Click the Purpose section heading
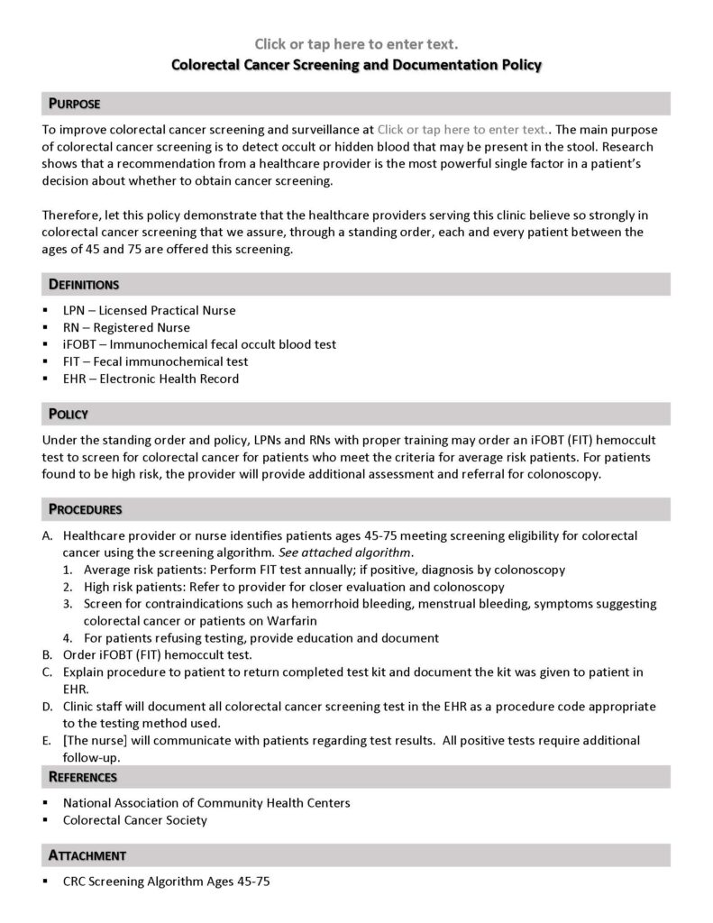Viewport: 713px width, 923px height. (x=74, y=103)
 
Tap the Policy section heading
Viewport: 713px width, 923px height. (x=68, y=414)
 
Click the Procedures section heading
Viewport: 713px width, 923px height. (x=85, y=509)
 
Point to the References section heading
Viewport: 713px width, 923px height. (x=83, y=776)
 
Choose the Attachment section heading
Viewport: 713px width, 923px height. (x=87, y=854)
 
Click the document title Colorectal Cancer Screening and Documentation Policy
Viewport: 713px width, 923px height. (x=357, y=65)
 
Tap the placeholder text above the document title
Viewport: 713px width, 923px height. (x=357, y=43)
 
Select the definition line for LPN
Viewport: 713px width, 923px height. (x=149, y=310)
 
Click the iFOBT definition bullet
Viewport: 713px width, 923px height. (x=199, y=344)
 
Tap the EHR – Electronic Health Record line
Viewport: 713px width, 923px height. (x=151, y=379)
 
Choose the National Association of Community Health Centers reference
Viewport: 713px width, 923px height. (x=206, y=802)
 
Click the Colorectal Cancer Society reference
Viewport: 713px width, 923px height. (x=135, y=819)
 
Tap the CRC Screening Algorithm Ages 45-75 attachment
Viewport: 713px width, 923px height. (x=166, y=881)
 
